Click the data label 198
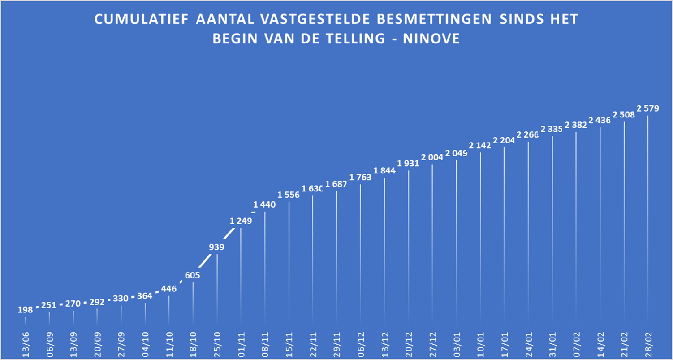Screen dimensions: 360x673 tap(25, 310)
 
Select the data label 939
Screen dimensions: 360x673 tap(217, 247)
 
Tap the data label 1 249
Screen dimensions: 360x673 tap(241, 221)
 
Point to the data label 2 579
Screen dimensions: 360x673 tap(647, 108)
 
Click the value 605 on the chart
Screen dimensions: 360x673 tap(193, 275)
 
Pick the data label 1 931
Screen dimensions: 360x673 tap(408, 163)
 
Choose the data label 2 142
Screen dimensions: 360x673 tap(480, 145)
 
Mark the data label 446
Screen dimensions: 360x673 tap(168, 289)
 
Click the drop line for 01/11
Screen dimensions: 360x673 tap(241, 278)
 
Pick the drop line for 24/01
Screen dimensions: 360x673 tap(528, 233)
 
